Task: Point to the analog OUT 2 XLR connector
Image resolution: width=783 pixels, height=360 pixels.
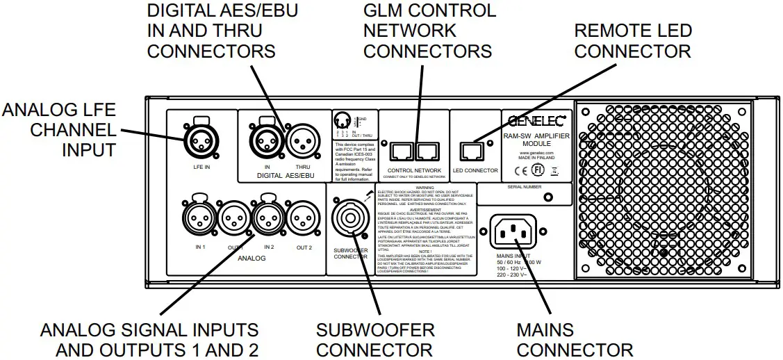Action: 304,221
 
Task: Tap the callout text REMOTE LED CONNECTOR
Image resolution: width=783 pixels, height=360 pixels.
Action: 633,41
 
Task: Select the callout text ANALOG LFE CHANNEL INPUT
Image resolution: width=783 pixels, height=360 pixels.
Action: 59,130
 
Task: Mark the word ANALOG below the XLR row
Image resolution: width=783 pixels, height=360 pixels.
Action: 248,258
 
